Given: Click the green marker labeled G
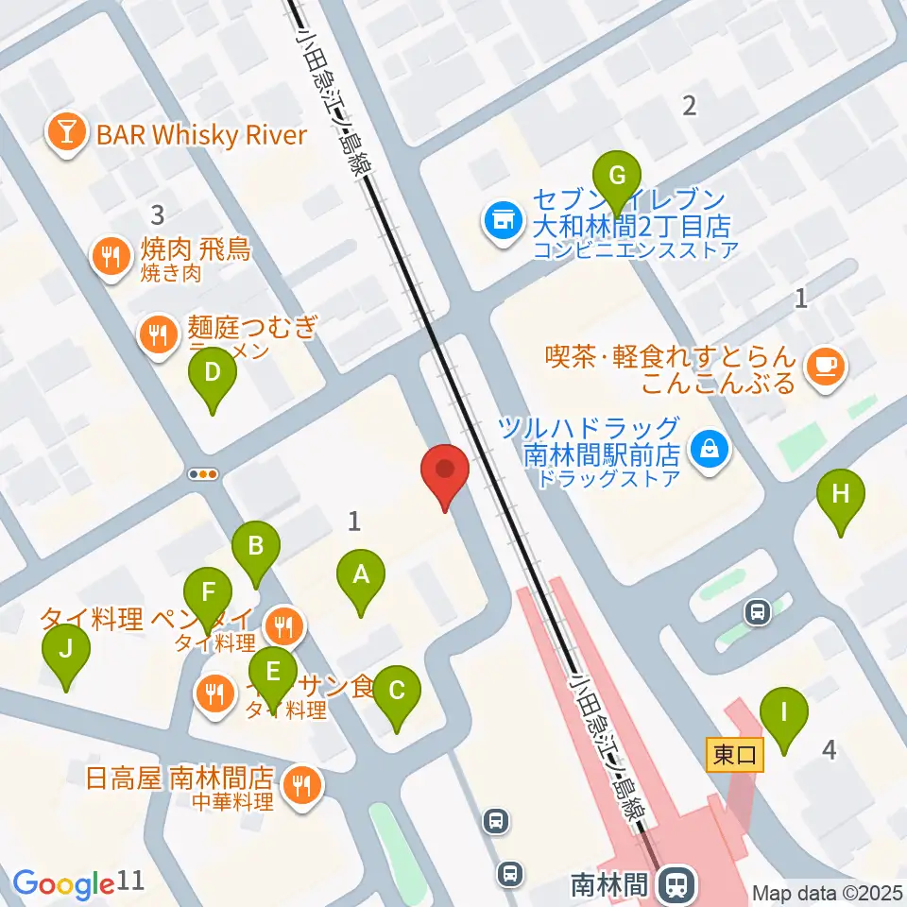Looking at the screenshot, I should click(617, 177).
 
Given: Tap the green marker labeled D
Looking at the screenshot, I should click(213, 374).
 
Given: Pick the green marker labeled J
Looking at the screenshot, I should click(66, 651).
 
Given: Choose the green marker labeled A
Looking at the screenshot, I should click(360, 576).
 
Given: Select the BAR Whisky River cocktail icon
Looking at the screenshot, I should click(67, 133).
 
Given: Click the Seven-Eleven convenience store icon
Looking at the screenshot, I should click(502, 220).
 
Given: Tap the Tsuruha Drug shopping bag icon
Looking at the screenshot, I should click(708, 447).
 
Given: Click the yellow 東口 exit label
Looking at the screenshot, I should click(734, 754).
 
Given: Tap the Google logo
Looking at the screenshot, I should click(63, 884).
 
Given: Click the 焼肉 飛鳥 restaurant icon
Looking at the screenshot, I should click(111, 254).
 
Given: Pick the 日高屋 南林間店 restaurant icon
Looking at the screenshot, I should click(302, 783).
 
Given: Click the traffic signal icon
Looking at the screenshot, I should click(204, 474).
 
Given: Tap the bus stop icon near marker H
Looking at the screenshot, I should click(757, 612).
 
